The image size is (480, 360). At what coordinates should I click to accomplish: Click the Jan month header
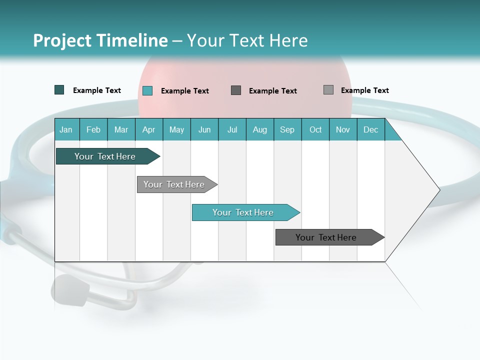pyautogui.click(x=66, y=129)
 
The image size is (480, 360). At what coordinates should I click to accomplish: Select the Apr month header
pyautogui.click(x=149, y=129)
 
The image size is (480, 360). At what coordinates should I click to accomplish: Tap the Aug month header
pyautogui.click(x=260, y=129)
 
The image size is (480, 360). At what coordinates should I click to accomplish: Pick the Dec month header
pyautogui.click(x=371, y=129)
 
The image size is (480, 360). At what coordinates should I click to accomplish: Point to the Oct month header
pyautogui.click(x=315, y=129)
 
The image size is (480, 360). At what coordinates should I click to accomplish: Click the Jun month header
pyautogui.click(x=204, y=129)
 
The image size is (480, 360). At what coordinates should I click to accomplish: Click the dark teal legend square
pyautogui.click(x=59, y=90)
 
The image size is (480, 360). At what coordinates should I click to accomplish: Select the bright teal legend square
pyautogui.click(x=147, y=90)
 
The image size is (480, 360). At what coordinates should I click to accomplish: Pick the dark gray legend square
pyautogui.click(x=236, y=90)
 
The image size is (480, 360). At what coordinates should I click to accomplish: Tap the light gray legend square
pyautogui.click(x=328, y=90)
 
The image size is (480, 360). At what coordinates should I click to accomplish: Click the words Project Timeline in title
pyautogui.click(x=100, y=40)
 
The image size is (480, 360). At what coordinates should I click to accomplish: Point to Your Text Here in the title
pyautogui.click(x=247, y=40)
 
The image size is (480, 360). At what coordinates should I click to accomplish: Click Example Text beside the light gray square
pyautogui.click(x=364, y=90)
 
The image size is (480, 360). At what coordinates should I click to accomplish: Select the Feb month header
pyautogui.click(x=93, y=129)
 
